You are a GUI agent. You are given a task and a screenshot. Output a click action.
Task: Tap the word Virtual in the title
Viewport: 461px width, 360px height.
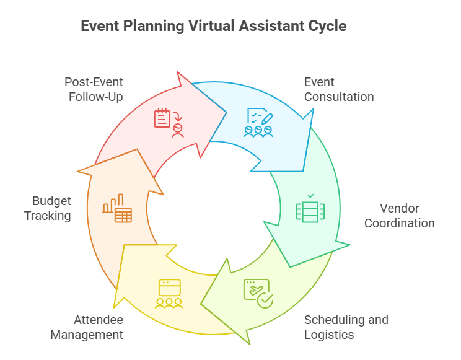[x=212, y=25]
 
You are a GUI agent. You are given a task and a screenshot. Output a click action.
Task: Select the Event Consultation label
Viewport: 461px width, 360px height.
[x=339, y=89]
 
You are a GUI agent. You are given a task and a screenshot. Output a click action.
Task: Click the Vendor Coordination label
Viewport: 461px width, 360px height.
[x=400, y=216]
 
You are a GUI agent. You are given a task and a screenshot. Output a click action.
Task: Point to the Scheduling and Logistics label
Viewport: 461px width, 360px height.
[x=346, y=327]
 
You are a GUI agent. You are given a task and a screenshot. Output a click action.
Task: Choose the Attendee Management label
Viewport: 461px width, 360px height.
[x=87, y=327]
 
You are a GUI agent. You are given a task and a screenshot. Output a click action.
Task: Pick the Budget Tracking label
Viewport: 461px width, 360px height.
[x=48, y=209]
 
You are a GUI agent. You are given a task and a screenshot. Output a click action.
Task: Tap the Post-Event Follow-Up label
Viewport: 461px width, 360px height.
[x=94, y=89]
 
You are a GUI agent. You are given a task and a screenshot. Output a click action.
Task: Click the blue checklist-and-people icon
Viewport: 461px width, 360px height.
[x=258, y=123]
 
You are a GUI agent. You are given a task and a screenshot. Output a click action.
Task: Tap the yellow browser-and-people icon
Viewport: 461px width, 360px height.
[x=169, y=294]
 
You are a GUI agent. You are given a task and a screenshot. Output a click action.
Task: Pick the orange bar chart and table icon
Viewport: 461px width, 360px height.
[x=117, y=208]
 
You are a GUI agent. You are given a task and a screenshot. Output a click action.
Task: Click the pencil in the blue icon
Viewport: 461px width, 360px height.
[x=267, y=119]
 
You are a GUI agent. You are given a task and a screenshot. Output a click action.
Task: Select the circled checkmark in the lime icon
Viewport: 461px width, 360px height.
[x=265, y=301]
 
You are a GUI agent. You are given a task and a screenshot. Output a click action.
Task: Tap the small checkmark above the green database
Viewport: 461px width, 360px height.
[x=311, y=196]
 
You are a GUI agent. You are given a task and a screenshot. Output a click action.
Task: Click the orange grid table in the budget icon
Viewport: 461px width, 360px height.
[x=123, y=215]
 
